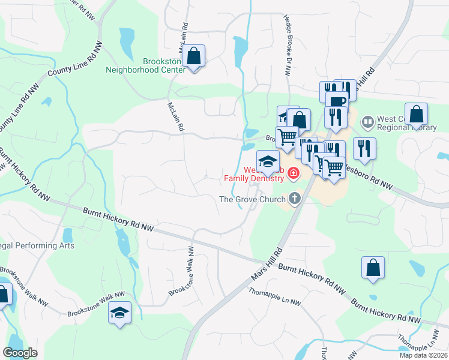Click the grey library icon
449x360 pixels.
pos(367,122)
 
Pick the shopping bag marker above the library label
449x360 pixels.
pos(416,114)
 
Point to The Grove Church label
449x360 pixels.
pos(252,200)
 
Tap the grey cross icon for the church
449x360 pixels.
pos(294,198)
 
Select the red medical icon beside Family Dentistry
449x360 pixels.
pos(294,174)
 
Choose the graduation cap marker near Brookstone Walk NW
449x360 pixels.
pos(119,312)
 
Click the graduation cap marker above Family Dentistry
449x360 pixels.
pos(268,161)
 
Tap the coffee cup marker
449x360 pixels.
pos(337,101)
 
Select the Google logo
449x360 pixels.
pos(20,353)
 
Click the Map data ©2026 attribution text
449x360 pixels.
pos(422,355)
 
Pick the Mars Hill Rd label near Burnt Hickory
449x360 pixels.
pos(265,264)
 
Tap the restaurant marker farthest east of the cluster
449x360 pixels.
pos(364,148)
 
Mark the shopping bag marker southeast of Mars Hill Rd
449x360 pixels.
pos(373,268)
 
